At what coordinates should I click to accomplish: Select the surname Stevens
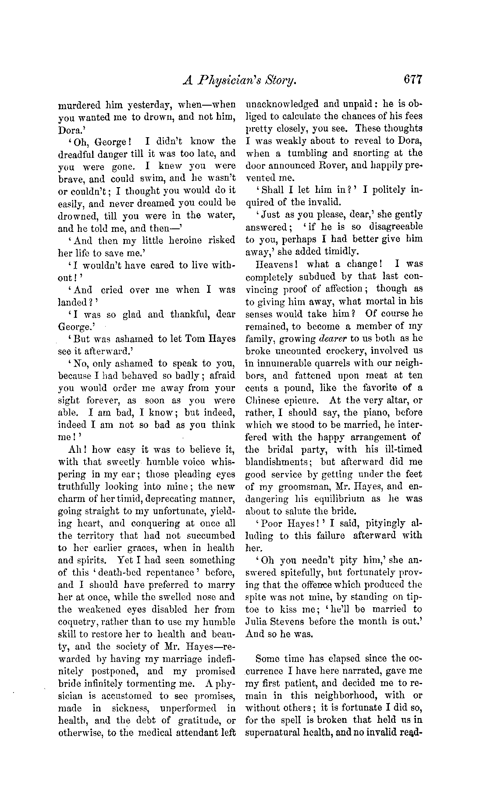tap(293, 622)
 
